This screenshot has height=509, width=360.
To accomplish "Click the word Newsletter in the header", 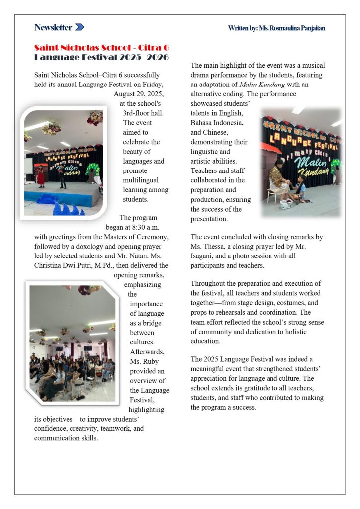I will pos(53,27).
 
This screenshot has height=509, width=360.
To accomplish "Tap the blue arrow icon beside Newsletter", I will pos(80,27).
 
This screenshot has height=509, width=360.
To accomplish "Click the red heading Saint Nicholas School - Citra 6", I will pos(101,48).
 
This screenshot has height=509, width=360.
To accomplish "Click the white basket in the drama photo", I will pos(287,204).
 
